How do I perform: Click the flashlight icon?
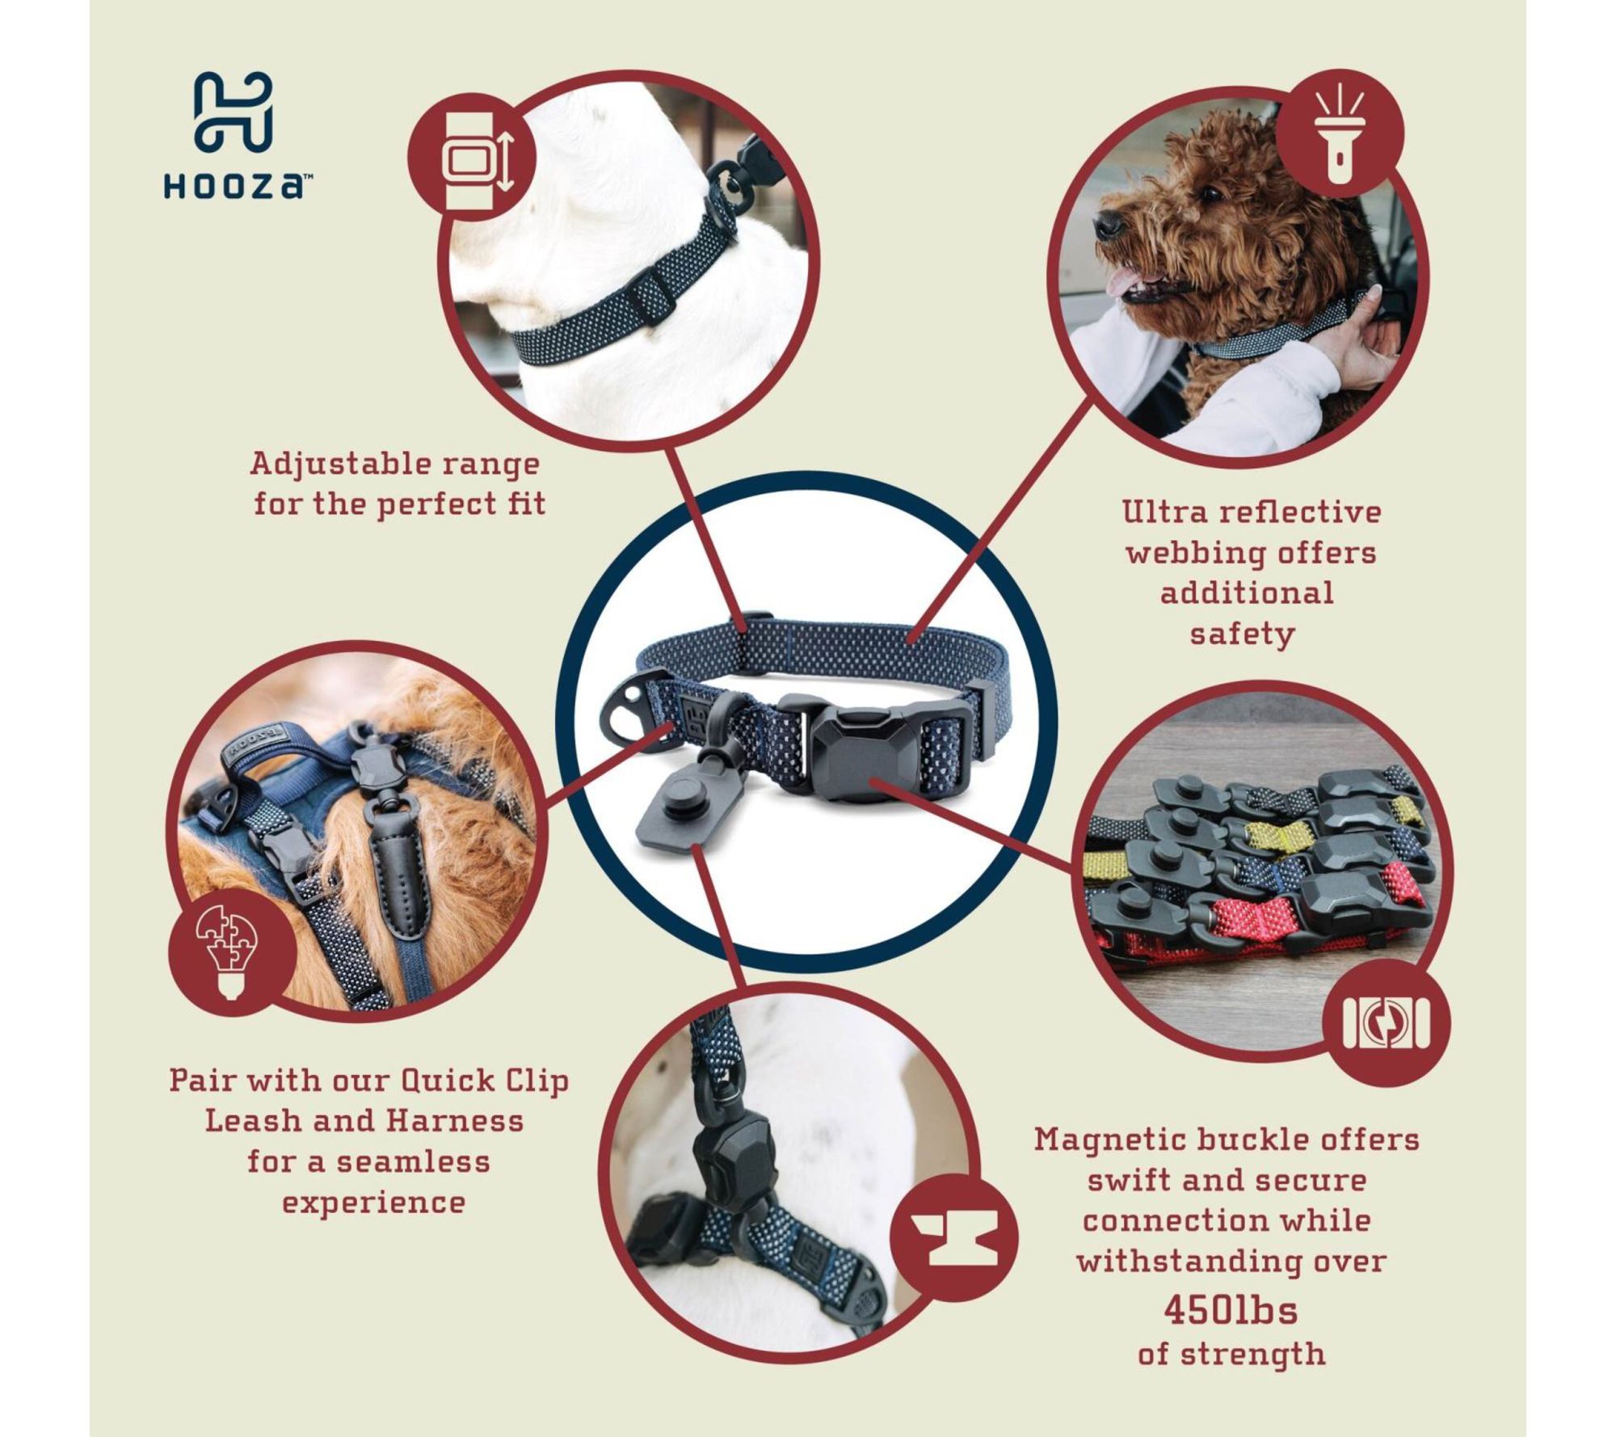coord(1340,134)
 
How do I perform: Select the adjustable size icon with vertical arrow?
coord(474,158)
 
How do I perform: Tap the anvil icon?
coord(956,1238)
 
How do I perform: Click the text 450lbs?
coord(1231,1310)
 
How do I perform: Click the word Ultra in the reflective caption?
coord(1161,512)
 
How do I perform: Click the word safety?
coord(1242,634)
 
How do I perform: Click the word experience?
coord(373,1203)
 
